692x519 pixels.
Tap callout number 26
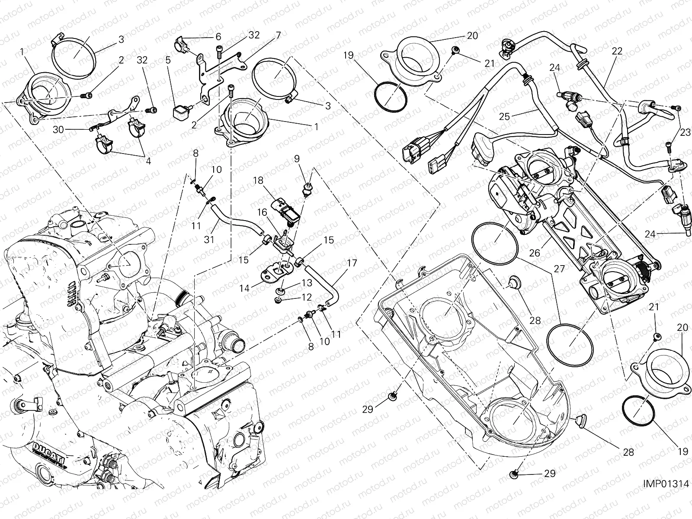pos(535,253)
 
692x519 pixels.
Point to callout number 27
pos(559,269)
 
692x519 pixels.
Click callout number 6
pos(218,37)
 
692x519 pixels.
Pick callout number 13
pos(307,283)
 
